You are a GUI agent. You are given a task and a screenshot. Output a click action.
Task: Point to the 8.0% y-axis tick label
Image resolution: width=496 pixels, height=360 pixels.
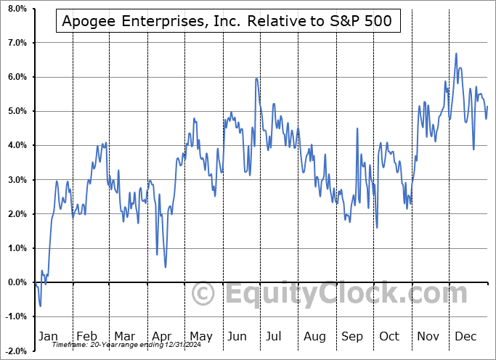click(17, 9)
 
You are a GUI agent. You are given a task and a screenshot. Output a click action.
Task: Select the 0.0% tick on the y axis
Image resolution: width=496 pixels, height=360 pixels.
click(17, 282)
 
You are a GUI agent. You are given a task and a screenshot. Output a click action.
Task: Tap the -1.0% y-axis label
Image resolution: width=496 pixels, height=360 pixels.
click(16, 316)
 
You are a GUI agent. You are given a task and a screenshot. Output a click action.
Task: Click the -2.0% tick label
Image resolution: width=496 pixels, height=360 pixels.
click(16, 351)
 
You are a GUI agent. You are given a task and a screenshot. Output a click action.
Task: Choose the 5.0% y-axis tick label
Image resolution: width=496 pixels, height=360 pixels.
click(17, 111)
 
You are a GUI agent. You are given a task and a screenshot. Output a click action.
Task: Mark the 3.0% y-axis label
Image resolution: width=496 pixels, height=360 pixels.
click(17, 180)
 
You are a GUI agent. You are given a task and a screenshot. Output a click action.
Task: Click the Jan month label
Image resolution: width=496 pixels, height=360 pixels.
click(47, 336)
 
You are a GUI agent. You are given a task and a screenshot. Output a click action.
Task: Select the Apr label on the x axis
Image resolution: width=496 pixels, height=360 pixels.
click(162, 336)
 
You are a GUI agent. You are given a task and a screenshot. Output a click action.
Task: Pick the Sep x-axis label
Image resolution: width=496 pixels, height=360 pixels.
click(352, 336)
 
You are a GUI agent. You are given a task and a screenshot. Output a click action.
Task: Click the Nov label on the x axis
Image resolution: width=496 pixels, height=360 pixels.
click(428, 336)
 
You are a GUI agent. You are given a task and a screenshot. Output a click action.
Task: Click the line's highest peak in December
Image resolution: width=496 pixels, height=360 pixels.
click(456, 54)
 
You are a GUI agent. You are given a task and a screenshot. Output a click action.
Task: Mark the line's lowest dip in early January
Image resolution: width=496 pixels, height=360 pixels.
click(40, 306)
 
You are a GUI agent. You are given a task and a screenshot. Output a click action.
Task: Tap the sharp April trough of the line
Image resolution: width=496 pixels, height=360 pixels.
click(166, 267)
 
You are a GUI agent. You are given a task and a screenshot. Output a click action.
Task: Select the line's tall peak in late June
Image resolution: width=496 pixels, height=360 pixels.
click(256, 78)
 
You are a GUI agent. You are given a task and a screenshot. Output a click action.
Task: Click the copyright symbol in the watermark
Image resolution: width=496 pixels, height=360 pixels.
click(203, 294)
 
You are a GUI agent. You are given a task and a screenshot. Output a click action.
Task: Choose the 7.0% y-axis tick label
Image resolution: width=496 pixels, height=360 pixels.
click(17, 43)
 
